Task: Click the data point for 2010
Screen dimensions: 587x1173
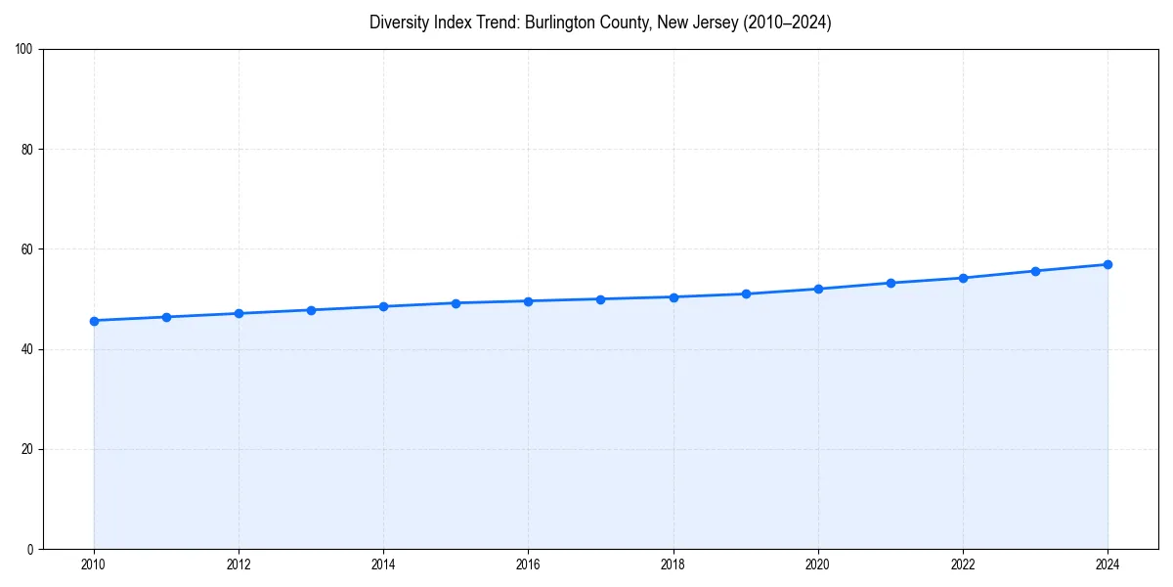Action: pyautogui.click(x=94, y=321)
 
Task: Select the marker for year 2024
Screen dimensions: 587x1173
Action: pyautogui.click(x=1108, y=264)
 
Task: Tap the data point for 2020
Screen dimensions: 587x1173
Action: pyautogui.click(x=818, y=289)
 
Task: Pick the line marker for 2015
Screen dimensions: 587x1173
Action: pyautogui.click(x=456, y=303)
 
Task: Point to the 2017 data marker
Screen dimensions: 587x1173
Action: pyautogui.click(x=600, y=299)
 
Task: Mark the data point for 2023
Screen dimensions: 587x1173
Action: pyautogui.click(x=1035, y=271)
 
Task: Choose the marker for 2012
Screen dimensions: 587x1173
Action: pyautogui.click(x=239, y=313)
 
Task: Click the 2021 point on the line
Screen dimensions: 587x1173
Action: pyautogui.click(x=891, y=283)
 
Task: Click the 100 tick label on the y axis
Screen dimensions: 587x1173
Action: pyautogui.click(x=25, y=50)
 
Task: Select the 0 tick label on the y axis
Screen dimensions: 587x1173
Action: pyautogui.click(x=31, y=549)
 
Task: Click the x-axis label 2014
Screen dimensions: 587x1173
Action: pyautogui.click(x=383, y=564)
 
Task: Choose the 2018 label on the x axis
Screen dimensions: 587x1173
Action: pyautogui.click(x=673, y=564)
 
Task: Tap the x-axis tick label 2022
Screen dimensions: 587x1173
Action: pyautogui.click(x=963, y=564)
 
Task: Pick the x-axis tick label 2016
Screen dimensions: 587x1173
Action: pyautogui.click(x=528, y=564)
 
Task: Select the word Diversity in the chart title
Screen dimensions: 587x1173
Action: pyautogui.click(x=398, y=23)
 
